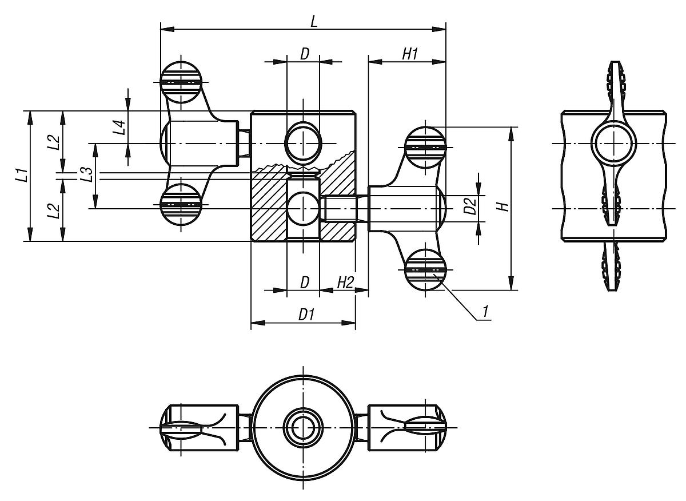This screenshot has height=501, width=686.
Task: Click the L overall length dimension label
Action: point(313,21)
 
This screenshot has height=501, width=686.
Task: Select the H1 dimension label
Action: point(410,54)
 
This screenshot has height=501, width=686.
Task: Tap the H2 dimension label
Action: point(345,283)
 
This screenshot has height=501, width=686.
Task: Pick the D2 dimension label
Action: point(470,206)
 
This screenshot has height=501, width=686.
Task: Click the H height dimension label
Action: point(502,207)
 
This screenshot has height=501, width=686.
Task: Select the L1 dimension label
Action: point(21,176)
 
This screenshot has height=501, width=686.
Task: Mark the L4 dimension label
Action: point(119,127)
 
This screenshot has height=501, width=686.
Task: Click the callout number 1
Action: point(485,312)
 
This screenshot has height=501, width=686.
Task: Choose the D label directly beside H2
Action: point(305,283)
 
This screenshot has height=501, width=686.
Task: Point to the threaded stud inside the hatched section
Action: point(340,208)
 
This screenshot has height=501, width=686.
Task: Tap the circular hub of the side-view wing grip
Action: point(614,143)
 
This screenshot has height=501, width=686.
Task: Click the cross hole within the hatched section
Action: point(304,209)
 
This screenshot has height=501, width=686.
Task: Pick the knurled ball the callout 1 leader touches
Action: point(425,270)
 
